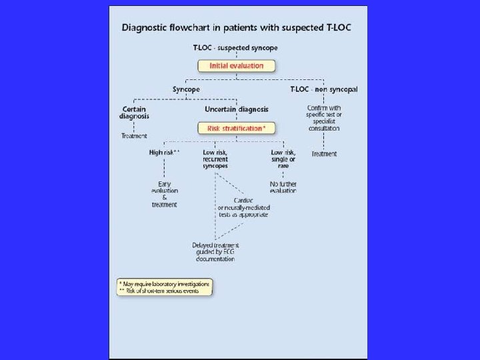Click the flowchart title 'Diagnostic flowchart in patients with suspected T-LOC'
point(237,28)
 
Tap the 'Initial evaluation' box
point(237,66)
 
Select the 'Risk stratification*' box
point(236,127)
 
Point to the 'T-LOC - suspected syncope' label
point(235,48)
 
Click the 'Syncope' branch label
point(186,89)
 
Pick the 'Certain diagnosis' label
point(135,112)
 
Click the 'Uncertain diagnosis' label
point(236,109)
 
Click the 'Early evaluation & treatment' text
point(164,194)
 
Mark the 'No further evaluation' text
point(283,187)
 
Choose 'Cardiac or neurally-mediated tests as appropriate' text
point(243,207)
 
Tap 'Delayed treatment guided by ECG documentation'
point(215,251)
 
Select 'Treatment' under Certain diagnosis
point(133,136)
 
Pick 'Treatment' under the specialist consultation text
point(323,154)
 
